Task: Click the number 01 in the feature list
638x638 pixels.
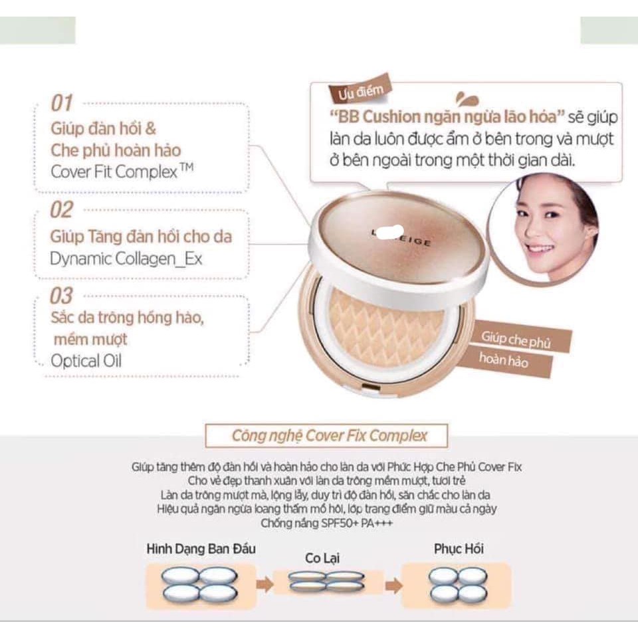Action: click(62, 104)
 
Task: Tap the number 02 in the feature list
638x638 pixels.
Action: click(62, 211)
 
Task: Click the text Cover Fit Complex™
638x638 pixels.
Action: click(122, 172)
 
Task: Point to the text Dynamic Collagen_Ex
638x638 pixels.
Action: click(126, 259)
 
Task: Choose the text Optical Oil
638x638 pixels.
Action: click(86, 362)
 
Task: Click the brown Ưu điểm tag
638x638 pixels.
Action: click(352, 92)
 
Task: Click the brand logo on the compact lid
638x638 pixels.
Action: click(401, 240)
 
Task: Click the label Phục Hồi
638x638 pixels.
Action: click(459, 549)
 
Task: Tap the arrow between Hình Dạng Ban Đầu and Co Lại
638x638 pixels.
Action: click(265, 585)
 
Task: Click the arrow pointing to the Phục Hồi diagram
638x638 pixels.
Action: click(393, 585)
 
